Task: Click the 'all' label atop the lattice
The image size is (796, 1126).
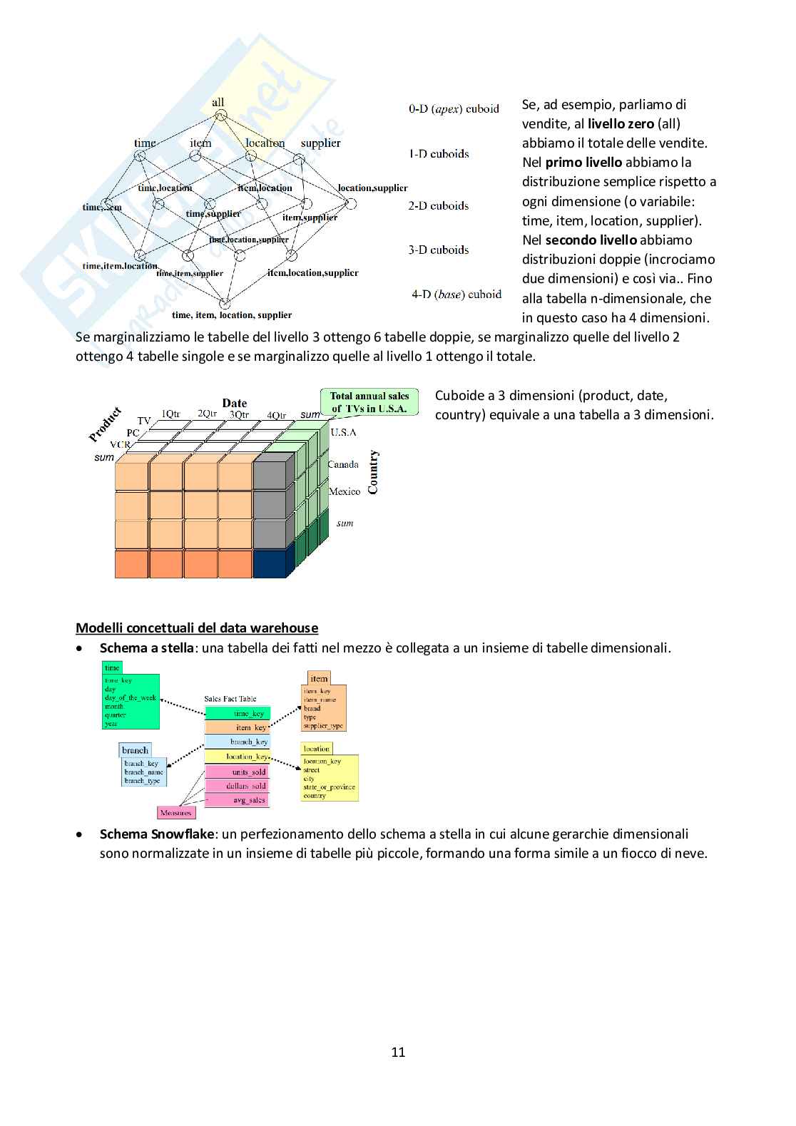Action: pyautogui.click(x=218, y=103)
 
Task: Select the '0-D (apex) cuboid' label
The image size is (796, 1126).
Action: pyautogui.click(x=454, y=109)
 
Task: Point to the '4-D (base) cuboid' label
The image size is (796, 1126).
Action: pyautogui.click(x=456, y=295)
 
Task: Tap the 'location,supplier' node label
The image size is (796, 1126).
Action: pyautogui.click(x=372, y=188)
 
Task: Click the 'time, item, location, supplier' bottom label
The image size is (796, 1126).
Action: pyautogui.click(x=232, y=315)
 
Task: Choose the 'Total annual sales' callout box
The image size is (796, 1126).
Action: pyautogui.click(x=369, y=402)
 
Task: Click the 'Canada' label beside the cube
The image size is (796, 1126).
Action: pyautogui.click(x=343, y=465)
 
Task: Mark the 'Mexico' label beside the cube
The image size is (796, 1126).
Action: pyautogui.click(x=345, y=492)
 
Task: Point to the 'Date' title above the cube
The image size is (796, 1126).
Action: pyautogui.click(x=234, y=403)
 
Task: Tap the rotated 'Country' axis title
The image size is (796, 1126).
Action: pyautogui.click(x=374, y=472)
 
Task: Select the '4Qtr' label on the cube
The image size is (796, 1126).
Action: pyautogui.click(x=276, y=415)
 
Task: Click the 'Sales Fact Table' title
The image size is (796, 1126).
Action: pyautogui.click(x=230, y=699)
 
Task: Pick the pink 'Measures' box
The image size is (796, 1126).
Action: pyautogui.click(x=175, y=813)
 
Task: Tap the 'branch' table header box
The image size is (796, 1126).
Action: pyautogui.click(x=135, y=750)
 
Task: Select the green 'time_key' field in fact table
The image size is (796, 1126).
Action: pyautogui.click(x=238, y=714)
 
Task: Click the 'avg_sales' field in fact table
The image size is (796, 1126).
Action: pyautogui.click(x=238, y=800)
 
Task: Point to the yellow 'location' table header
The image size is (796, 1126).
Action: pyautogui.click(x=316, y=749)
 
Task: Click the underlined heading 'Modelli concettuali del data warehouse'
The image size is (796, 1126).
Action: pyautogui.click(x=197, y=628)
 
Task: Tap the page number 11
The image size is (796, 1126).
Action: pyautogui.click(x=398, y=1052)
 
